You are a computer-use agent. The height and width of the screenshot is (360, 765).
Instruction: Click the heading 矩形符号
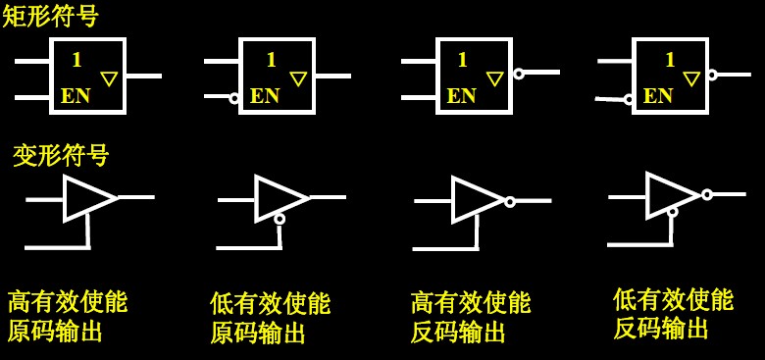point(50,17)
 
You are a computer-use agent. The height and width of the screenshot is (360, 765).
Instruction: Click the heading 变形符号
point(61,155)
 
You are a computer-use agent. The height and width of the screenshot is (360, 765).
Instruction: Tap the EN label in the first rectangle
point(76,96)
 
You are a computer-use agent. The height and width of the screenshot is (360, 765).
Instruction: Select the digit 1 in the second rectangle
point(272,60)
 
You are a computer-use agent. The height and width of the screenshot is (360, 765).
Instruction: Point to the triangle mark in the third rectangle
point(495,78)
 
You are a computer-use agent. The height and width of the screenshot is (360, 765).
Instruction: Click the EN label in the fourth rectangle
point(658,96)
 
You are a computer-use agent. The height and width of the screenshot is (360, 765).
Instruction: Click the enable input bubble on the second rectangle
point(234,98)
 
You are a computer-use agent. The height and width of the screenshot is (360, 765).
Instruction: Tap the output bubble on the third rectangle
point(519,74)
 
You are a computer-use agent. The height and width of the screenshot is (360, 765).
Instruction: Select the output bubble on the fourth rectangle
point(713,75)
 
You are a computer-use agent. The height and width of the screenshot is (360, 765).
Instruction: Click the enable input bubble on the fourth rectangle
point(629,99)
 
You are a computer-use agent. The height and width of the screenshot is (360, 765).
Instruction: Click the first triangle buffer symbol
point(89,198)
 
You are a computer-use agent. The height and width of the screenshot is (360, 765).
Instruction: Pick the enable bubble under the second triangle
point(280,219)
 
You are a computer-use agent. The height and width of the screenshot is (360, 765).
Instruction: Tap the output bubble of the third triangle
point(510,202)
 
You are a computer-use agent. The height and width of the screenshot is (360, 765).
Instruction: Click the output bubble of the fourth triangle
point(707,194)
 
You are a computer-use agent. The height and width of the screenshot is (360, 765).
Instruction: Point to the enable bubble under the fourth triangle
point(672,212)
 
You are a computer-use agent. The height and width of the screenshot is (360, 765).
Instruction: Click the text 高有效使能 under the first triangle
point(68,301)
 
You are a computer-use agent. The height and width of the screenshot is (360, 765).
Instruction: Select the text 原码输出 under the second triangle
point(258,334)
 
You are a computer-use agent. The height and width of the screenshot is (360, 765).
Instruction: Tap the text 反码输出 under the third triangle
point(458,333)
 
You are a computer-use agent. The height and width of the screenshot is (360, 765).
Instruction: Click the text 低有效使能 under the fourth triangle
point(673,299)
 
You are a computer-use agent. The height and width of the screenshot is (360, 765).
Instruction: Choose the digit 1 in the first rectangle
point(76,60)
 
